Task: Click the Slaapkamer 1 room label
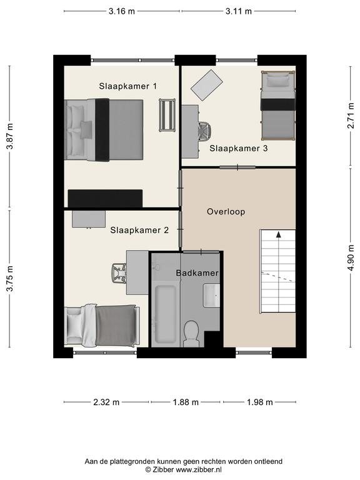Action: [x=127, y=86]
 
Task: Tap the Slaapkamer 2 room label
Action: [x=139, y=230]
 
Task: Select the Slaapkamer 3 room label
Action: [x=239, y=149]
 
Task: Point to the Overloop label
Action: [x=226, y=211]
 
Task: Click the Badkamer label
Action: [x=197, y=272]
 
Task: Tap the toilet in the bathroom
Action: [x=192, y=334]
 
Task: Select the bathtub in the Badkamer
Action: [x=166, y=314]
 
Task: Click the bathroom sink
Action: [x=211, y=296]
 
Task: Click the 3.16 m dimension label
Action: [x=121, y=11]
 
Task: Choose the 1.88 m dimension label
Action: [x=186, y=402]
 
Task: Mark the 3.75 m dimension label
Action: [x=10, y=279]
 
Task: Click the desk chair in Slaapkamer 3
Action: [x=204, y=132]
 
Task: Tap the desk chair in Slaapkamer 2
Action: [x=119, y=273]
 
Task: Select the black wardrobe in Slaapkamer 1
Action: [x=105, y=198]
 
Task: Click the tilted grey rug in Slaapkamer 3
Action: [x=207, y=85]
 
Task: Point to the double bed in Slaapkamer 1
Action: [x=104, y=130]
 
